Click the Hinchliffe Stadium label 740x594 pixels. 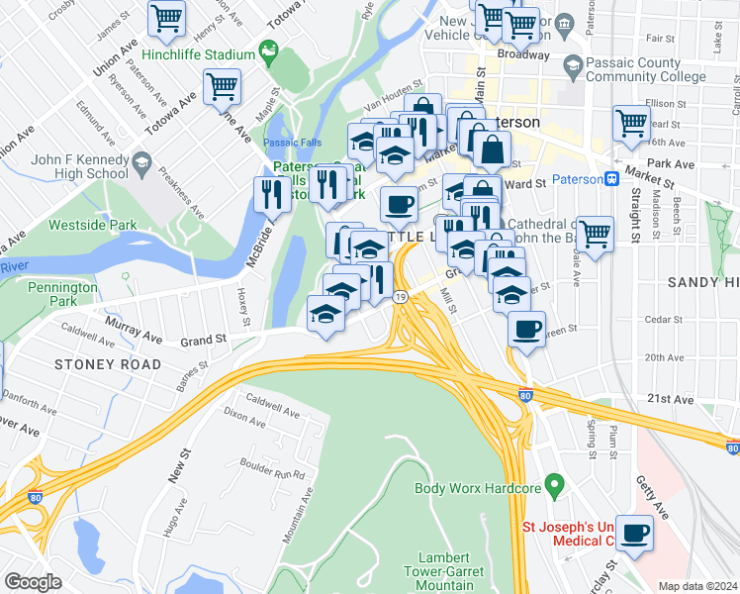199,54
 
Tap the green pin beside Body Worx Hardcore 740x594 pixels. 554,486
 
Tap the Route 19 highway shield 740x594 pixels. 399,296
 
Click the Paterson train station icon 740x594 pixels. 612,179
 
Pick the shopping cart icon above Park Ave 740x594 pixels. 630,123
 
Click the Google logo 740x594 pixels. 33,582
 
